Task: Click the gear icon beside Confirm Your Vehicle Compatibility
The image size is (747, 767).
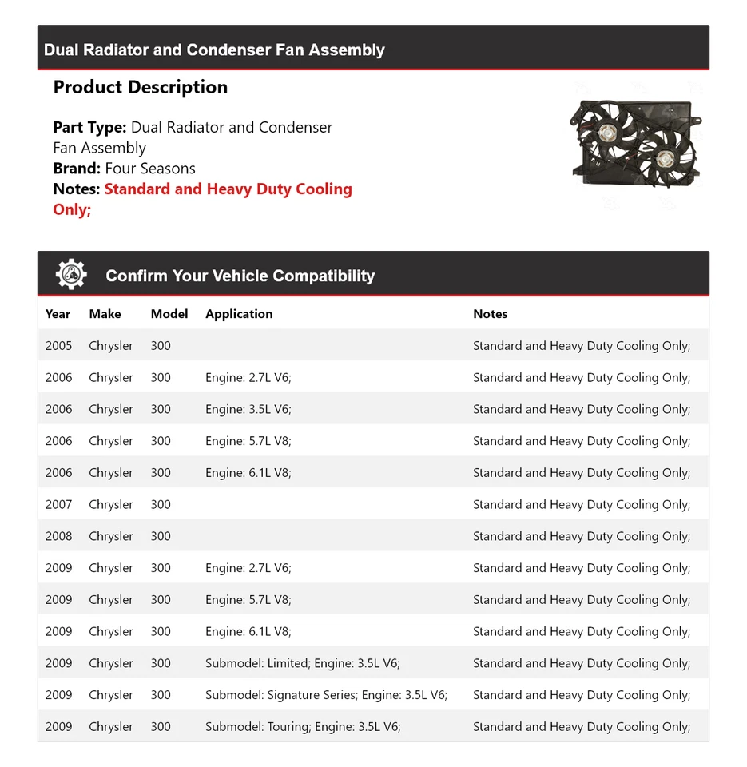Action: point(71,275)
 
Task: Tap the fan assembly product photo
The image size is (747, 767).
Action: point(635,144)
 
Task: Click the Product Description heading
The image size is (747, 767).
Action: point(141,87)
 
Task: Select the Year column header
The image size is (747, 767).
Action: point(58,314)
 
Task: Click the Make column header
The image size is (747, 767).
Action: point(105,314)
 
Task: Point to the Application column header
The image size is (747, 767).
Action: point(239,314)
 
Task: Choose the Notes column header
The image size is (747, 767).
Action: point(490,314)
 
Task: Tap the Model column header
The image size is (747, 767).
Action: point(169,314)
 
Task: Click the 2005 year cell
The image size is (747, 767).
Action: point(58,346)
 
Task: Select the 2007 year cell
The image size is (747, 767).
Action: point(58,504)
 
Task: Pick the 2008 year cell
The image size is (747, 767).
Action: point(58,536)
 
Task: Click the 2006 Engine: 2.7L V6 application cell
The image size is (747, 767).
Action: point(248,377)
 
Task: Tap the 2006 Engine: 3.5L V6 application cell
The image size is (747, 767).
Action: point(248,409)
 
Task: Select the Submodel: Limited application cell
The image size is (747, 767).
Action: point(303,663)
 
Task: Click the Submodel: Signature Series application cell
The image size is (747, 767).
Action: point(326,695)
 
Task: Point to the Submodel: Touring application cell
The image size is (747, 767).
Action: point(303,727)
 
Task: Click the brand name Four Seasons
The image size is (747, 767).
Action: point(150,169)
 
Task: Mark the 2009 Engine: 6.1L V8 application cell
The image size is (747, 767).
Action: point(248,631)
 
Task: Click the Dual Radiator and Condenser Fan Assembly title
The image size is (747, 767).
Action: point(214,50)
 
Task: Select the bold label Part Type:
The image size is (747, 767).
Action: point(89,127)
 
